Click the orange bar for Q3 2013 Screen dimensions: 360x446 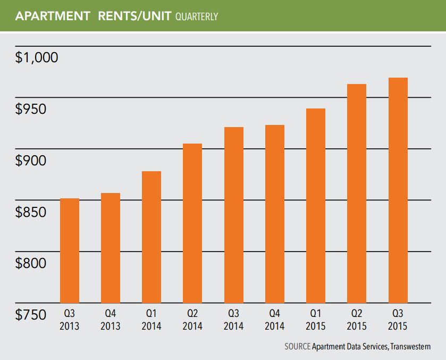click(x=70, y=250)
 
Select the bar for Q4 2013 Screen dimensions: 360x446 click(x=111, y=247)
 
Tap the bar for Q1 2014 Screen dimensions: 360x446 click(x=152, y=237)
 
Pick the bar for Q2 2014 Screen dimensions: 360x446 click(x=192, y=223)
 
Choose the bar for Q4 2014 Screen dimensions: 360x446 click(x=275, y=213)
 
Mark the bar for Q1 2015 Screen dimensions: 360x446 click(x=316, y=205)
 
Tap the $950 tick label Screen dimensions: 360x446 click(x=32, y=110)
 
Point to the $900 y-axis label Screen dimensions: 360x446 click(x=32, y=161)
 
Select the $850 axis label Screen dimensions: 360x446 click(x=32, y=212)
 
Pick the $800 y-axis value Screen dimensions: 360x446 click(x=32, y=263)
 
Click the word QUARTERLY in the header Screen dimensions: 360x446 click(x=195, y=17)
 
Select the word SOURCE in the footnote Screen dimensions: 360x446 click(x=297, y=347)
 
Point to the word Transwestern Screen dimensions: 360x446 click(x=410, y=347)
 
